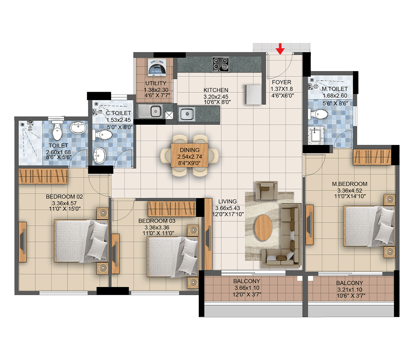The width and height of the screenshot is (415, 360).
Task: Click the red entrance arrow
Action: [280, 49]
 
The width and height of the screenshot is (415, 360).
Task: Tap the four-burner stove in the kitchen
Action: [220, 64]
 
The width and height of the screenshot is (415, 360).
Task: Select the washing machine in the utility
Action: [157, 68]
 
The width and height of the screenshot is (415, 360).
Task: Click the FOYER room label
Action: [281, 82]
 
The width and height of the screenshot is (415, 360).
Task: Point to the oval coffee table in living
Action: [264, 227]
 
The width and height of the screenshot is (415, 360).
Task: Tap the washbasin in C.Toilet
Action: [100, 156]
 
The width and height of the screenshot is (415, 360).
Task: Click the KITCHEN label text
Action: [216, 90]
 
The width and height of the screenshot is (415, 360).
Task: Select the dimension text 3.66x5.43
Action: [228, 208]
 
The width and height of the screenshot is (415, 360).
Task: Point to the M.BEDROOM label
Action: [350, 184]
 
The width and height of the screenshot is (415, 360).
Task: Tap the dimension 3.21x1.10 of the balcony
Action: [350, 290]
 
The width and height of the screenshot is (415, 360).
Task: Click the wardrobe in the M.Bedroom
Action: [372, 157]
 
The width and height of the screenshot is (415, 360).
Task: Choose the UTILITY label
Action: [156, 83]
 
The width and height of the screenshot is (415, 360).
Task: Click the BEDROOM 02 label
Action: [64, 197]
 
